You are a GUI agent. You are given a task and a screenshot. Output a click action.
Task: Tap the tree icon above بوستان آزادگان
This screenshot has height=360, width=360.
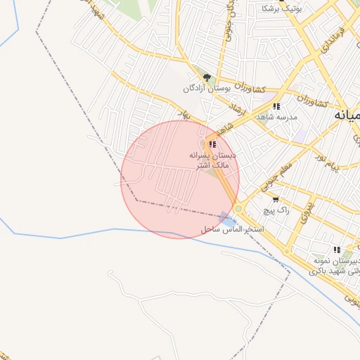(x=207, y=77)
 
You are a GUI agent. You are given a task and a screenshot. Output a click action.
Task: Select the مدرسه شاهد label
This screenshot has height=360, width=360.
(x=277, y=117)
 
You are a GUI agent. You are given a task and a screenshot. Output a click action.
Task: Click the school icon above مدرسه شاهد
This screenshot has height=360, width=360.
(x=276, y=106)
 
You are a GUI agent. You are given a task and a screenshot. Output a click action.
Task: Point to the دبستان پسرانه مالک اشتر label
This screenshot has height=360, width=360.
(x=213, y=158)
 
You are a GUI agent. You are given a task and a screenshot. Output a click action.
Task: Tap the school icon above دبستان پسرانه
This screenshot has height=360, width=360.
(x=212, y=143)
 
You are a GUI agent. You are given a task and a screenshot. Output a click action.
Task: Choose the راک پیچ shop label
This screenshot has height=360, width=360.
(x=275, y=210)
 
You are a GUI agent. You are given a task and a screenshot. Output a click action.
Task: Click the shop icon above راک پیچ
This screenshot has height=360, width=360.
(x=275, y=199)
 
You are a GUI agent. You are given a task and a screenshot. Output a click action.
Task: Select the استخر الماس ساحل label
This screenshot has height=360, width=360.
(x=232, y=230)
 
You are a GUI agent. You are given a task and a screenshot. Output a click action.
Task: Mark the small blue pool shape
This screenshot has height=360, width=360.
(x=224, y=217)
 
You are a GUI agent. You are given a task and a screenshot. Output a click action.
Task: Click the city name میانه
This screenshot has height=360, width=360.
(x=348, y=115)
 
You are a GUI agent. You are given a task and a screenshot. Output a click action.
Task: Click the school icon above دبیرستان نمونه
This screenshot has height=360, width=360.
(x=337, y=250)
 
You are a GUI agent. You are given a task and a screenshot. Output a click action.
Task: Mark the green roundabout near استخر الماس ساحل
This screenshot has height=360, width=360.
(x=238, y=209)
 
